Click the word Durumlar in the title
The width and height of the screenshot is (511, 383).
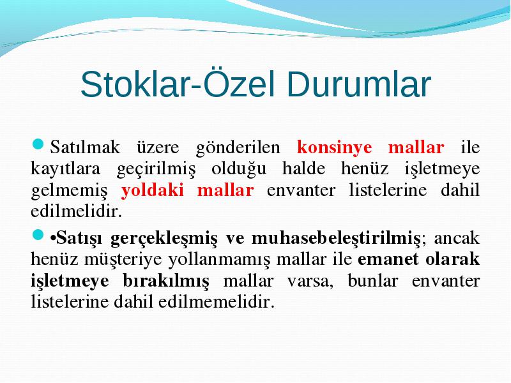pos(359,85)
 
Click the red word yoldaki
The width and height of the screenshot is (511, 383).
pos(153,190)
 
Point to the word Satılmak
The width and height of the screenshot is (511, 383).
pos(85,147)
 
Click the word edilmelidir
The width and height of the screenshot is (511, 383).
pos(76,211)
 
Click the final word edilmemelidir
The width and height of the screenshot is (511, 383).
pos(217,301)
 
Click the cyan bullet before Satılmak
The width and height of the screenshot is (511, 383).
pos(38,144)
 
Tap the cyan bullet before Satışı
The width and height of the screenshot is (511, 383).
pos(38,235)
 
